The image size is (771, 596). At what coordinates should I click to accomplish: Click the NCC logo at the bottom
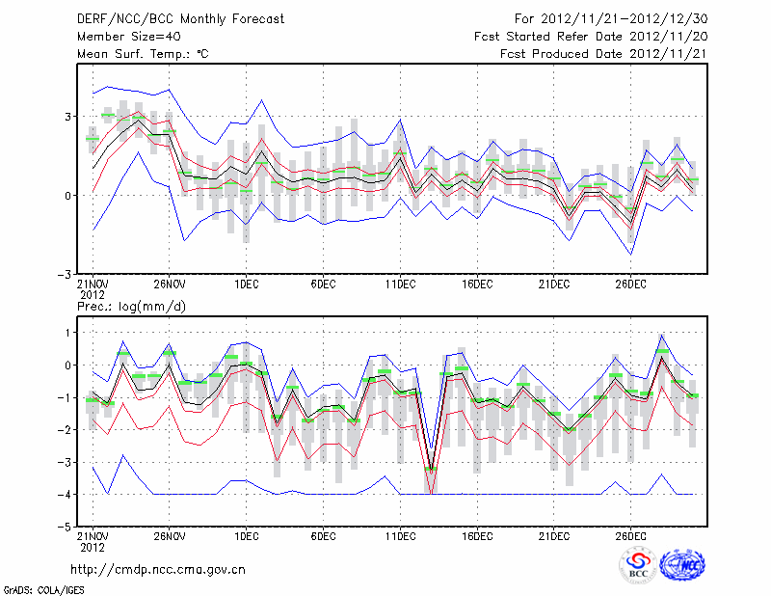(681, 565)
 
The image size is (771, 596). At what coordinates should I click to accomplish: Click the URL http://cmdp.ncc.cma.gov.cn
(158, 569)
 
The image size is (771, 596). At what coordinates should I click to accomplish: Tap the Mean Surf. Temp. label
(143, 54)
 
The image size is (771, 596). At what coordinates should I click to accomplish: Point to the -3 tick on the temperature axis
(66, 274)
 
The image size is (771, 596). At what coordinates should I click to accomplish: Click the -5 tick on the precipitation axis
(66, 528)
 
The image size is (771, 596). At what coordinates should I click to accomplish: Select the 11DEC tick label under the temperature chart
(400, 284)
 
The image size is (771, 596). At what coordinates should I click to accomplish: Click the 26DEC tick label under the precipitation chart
(630, 535)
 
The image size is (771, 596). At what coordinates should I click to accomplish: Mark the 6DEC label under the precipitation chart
(323, 535)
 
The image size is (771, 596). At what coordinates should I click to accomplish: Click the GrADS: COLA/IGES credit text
(42, 588)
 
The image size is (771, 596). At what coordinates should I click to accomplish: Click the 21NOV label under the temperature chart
(93, 284)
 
